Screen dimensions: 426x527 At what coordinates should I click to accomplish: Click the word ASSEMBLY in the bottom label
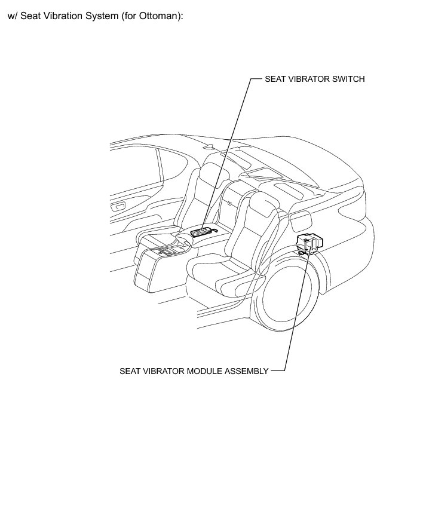coord(246,371)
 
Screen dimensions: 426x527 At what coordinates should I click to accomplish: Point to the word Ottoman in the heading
coord(157,16)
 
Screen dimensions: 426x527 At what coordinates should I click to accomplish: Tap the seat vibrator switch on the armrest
coord(203,231)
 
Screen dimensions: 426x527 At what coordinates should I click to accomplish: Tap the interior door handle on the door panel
coord(118,207)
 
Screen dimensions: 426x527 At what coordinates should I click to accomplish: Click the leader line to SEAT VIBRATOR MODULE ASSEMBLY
coord(296,311)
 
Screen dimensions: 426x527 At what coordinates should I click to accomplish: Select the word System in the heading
coord(102,16)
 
